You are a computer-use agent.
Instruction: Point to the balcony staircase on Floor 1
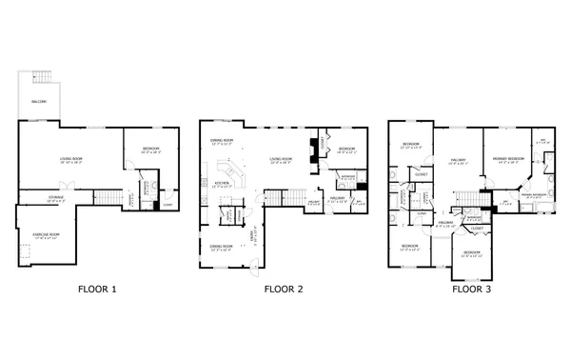pos(41,75)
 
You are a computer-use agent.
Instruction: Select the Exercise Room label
pos(47,234)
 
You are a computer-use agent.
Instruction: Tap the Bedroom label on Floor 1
pos(151,150)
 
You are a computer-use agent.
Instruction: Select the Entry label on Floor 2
pos(254,234)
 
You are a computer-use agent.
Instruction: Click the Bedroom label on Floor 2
pos(346,150)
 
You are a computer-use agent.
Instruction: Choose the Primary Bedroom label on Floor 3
pos(506,157)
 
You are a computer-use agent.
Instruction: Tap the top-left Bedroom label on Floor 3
pos(410,146)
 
